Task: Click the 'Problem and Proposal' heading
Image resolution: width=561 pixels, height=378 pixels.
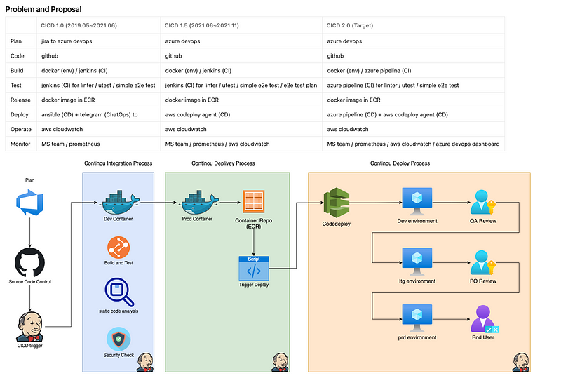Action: tap(43, 9)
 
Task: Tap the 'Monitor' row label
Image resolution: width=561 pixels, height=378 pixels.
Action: tap(22, 144)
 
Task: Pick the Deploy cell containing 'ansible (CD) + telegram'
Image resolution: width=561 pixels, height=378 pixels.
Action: tap(88, 114)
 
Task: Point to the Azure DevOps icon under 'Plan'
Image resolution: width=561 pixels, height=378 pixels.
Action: tap(29, 203)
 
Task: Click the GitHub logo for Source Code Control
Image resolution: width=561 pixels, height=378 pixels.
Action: tap(29, 263)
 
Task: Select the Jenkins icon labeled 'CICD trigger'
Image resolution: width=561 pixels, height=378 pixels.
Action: tap(29, 325)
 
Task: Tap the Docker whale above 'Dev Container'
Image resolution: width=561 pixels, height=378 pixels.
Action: tap(118, 203)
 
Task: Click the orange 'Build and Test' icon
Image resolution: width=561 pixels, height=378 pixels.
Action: tap(118, 248)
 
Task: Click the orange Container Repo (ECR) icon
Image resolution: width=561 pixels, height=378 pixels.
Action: tap(253, 202)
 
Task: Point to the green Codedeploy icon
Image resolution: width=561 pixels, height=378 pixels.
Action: tap(335, 203)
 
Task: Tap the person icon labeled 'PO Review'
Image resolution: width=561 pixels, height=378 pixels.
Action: tap(482, 262)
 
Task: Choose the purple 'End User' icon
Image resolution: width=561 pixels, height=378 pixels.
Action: tap(484, 318)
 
